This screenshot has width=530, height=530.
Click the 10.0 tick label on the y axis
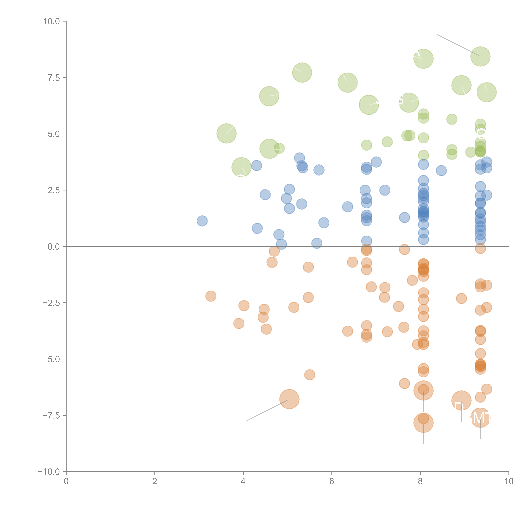coord(52,21)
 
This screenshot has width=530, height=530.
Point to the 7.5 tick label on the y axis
coord(54,78)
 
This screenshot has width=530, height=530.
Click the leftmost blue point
coord(202,221)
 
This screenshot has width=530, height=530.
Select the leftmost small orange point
coord(211,296)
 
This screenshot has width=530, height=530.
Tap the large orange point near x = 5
coord(289,399)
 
